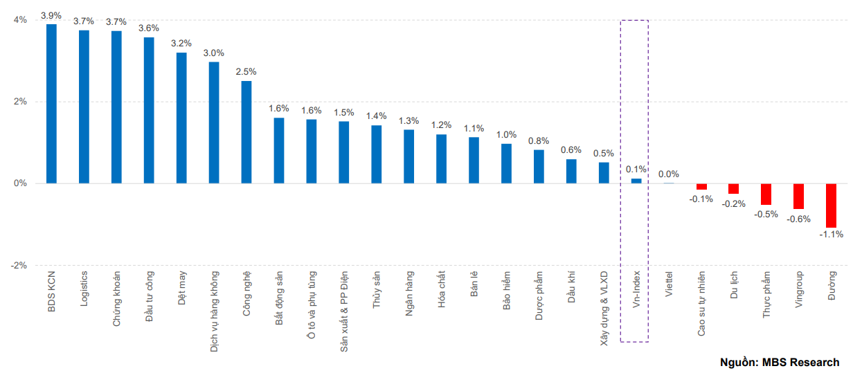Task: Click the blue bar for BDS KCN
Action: [51, 104]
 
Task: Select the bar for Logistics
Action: [84, 107]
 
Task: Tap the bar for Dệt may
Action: [181, 118]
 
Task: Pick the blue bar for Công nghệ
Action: [246, 132]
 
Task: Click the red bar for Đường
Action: [831, 206]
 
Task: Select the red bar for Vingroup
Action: [798, 196]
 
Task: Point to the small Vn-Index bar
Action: [636, 181]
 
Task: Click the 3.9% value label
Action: [51, 15]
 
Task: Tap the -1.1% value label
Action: [831, 235]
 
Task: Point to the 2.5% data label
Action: [246, 71]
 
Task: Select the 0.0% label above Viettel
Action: [669, 174]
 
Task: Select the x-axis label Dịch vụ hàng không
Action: [214, 311]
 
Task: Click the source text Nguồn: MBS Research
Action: [780, 362]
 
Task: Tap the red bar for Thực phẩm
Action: [766, 194]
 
